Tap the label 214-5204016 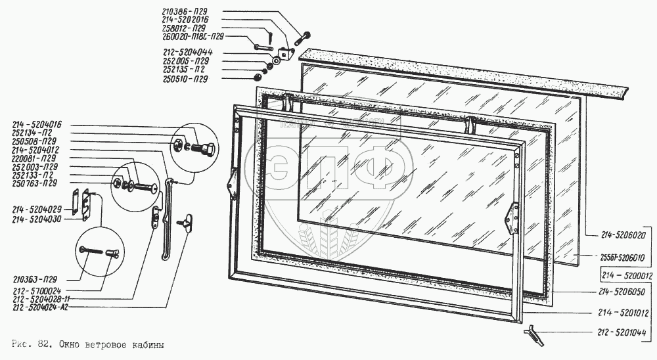point(37,124)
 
